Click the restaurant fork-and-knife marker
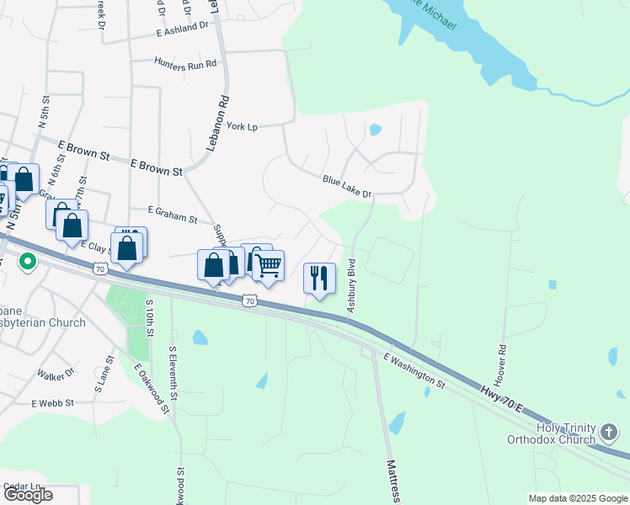coord(319,278)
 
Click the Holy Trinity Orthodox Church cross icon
coord(609,433)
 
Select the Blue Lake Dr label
coord(347,186)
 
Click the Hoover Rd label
coord(501,364)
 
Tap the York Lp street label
coord(242,126)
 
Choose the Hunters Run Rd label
coord(185,62)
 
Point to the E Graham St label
coord(172,215)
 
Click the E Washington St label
coord(414,369)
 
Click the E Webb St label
coord(54,403)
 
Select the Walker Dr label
coord(56,372)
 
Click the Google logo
coord(28,495)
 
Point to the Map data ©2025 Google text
coord(578,498)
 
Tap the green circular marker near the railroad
coord(27,263)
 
